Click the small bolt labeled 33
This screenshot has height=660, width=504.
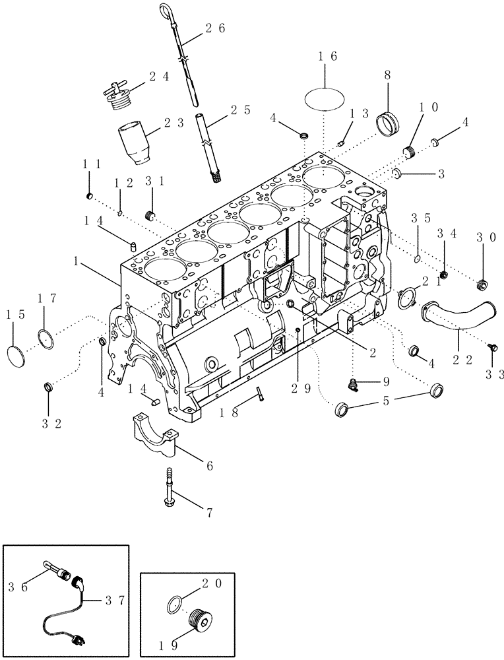click(x=490, y=346)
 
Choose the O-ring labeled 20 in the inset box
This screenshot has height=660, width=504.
click(x=176, y=603)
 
